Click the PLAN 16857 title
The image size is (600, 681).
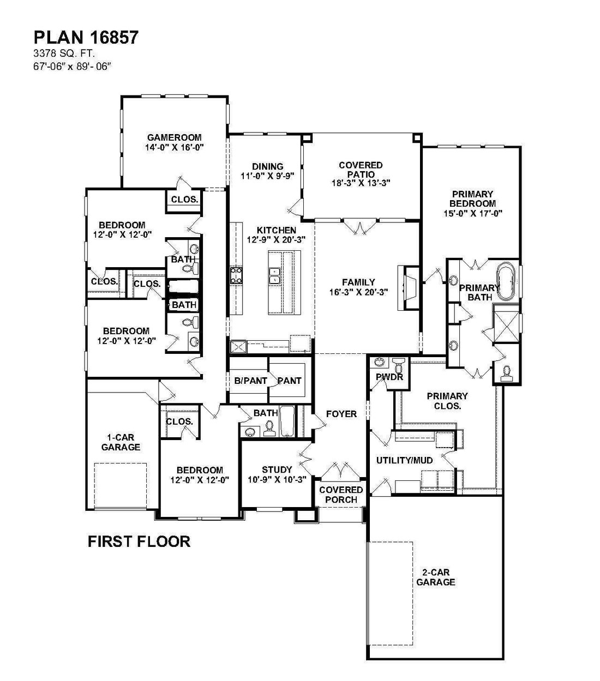click(x=86, y=37)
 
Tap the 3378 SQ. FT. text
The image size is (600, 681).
click(x=64, y=53)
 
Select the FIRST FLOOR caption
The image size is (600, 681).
click(x=139, y=541)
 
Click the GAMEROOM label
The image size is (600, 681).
click(x=174, y=137)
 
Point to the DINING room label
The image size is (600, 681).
click(x=268, y=166)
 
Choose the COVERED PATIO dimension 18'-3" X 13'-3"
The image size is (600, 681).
click(x=361, y=183)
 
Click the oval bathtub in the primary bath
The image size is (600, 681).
click(x=507, y=282)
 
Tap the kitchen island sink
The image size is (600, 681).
click(x=275, y=276)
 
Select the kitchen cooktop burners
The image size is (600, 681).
click(x=236, y=276)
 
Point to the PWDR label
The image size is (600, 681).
click(x=389, y=377)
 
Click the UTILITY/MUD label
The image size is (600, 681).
click(x=404, y=460)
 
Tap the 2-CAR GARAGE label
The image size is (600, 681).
click(x=435, y=577)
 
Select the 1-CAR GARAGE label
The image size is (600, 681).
click(x=121, y=442)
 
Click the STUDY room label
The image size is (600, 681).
click(x=277, y=469)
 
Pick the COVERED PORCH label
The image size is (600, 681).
click(x=341, y=495)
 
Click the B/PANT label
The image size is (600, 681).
click(x=250, y=381)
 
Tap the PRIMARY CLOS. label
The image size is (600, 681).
click(x=447, y=401)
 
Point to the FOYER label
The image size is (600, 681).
click(x=341, y=414)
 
